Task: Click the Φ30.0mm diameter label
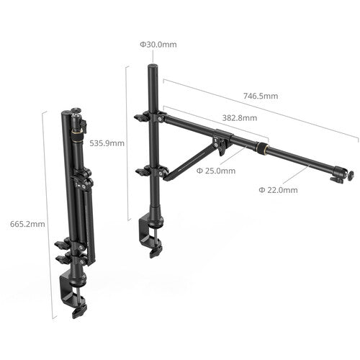pyautogui.click(x=158, y=45)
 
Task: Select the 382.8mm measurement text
pyautogui.click(x=239, y=116)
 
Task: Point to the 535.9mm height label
pyautogui.click(x=107, y=143)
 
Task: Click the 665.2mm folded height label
pyautogui.click(x=28, y=224)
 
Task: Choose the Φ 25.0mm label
pyautogui.click(x=216, y=171)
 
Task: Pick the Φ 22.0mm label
pyautogui.click(x=278, y=190)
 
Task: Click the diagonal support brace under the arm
pyautogui.click(x=194, y=158)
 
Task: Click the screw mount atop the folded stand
pyautogui.click(x=75, y=114)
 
